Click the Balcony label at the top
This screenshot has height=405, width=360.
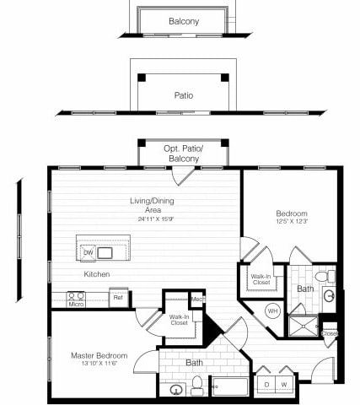(183, 21)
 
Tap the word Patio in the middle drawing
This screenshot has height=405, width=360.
(183, 95)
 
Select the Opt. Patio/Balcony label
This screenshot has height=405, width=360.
(183, 153)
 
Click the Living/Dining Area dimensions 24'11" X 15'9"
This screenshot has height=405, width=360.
(144, 219)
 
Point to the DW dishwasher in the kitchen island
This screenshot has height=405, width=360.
(88, 252)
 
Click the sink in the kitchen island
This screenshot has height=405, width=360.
(105, 252)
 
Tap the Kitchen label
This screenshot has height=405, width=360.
(96, 274)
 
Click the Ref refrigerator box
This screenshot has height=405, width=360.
(118, 297)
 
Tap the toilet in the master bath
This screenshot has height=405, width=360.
(196, 386)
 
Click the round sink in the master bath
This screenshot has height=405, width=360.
(176, 389)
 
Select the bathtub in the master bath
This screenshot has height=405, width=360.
(229, 386)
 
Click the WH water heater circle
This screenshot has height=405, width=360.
(271, 311)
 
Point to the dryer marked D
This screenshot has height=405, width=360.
(267, 385)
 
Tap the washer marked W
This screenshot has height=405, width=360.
(285, 385)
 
